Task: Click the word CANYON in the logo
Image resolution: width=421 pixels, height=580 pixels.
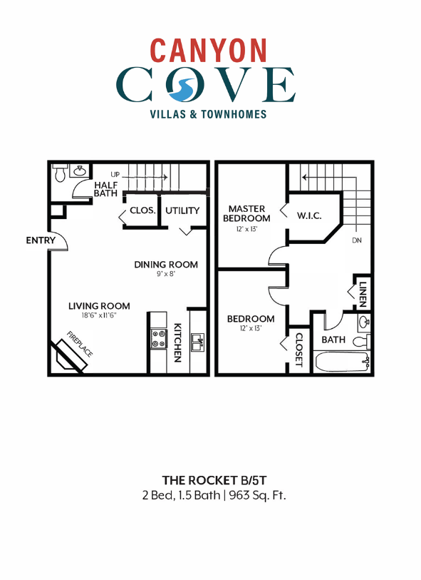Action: click(209, 50)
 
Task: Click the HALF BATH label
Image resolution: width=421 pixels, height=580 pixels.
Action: click(105, 189)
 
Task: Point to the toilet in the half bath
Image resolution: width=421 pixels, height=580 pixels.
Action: click(61, 173)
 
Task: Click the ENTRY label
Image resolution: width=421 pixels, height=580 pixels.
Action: click(40, 240)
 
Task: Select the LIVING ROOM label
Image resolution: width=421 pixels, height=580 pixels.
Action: click(99, 306)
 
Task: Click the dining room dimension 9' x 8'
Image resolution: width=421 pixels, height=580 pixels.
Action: click(166, 274)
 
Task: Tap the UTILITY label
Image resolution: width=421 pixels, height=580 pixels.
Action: click(182, 210)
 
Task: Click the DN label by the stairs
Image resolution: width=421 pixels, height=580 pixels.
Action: click(357, 241)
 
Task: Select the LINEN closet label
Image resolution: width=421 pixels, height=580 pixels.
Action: click(363, 293)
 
